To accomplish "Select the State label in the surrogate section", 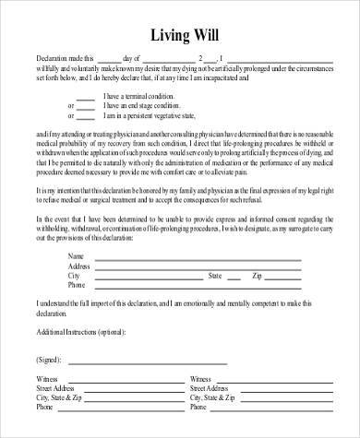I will [x=215, y=275].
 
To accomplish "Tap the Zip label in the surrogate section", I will [x=258, y=275].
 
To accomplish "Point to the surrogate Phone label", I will [x=77, y=285].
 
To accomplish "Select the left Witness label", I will [x=47, y=378].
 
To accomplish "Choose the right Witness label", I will [x=200, y=378].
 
